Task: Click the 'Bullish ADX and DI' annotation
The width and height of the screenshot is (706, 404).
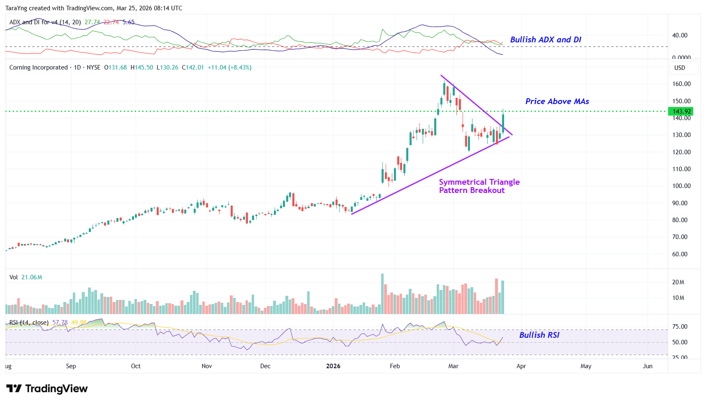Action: point(545,40)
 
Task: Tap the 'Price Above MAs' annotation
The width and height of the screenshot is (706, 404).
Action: point(557,102)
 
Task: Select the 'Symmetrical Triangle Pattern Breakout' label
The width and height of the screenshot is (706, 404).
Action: point(479,186)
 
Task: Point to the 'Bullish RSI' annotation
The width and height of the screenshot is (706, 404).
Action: point(539,335)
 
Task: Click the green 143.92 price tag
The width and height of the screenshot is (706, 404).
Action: point(681,111)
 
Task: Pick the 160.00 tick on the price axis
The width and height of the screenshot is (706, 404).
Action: point(681,84)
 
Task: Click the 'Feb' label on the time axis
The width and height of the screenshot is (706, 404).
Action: point(395,366)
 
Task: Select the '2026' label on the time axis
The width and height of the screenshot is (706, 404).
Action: point(333,366)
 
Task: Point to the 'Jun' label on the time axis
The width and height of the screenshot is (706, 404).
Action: point(648,366)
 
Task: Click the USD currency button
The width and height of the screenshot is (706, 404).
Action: point(680,68)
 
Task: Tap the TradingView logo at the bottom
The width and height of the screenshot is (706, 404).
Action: point(47,389)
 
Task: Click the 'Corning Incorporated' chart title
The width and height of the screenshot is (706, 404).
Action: point(38,67)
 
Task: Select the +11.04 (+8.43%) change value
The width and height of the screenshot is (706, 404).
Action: point(229,67)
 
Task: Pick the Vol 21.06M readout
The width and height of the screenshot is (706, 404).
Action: point(26,277)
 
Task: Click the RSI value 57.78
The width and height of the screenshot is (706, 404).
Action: point(60,323)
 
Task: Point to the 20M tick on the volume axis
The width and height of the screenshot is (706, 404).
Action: point(678,282)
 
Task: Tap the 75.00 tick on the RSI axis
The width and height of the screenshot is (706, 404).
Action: point(679,327)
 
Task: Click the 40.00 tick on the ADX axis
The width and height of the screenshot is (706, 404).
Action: point(679,35)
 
